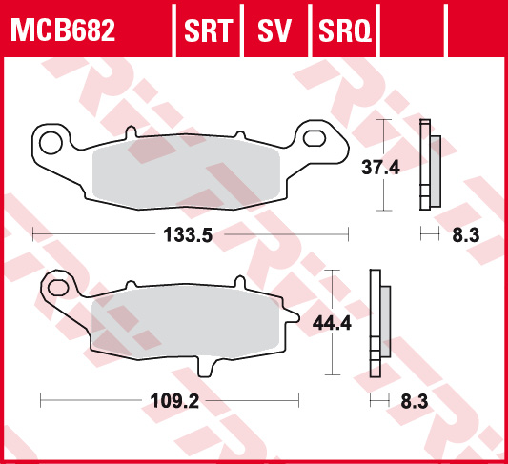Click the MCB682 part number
click(63, 30)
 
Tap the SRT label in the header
click(208, 30)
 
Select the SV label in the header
click(274, 30)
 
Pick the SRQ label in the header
click(344, 30)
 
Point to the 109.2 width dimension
click(174, 400)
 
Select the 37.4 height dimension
click(379, 167)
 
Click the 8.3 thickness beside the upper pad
click(464, 233)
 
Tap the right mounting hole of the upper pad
click(314, 141)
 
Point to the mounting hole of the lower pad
click(59, 287)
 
